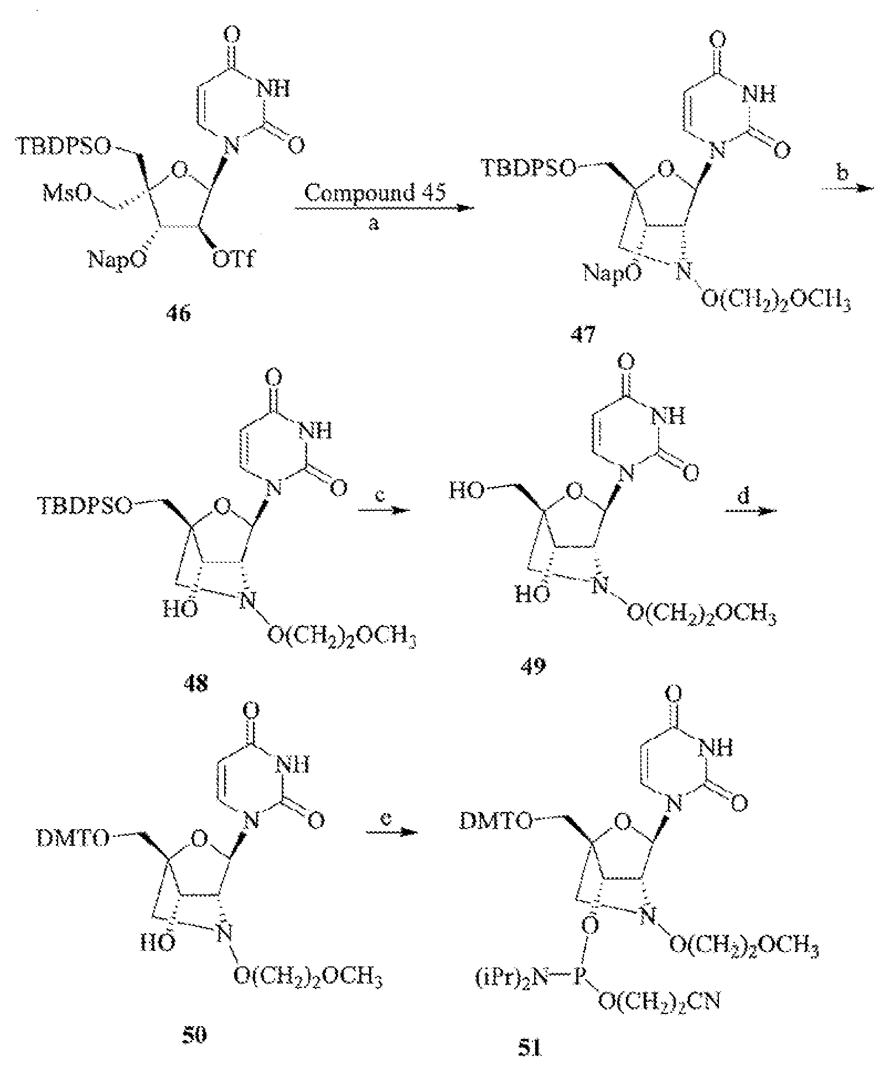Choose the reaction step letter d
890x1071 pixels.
[x=745, y=496]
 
